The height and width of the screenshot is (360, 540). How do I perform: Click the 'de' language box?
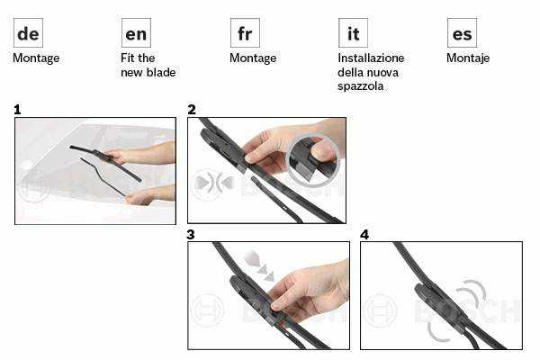tap(28, 33)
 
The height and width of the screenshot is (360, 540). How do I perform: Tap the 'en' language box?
tap(137, 33)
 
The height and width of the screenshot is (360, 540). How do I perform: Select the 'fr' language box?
tap(245, 33)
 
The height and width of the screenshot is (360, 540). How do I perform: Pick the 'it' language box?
tap(354, 33)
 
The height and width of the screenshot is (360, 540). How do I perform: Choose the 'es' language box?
tap(463, 33)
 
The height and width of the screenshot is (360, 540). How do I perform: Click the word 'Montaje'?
tap(468, 58)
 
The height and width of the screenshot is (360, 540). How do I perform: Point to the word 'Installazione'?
tap(371, 58)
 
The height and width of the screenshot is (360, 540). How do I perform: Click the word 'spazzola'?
tap(361, 86)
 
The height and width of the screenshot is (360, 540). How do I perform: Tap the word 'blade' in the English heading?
tap(161, 72)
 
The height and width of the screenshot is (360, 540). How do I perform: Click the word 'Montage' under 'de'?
tap(36, 58)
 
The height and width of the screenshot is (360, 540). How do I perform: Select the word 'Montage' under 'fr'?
tap(253, 58)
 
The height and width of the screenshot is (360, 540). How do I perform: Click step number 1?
tap(18, 110)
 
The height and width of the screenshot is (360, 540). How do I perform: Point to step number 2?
tap(192, 110)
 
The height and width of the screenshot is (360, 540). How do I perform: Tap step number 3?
tap(191, 235)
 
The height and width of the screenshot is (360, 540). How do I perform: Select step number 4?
tap(364, 235)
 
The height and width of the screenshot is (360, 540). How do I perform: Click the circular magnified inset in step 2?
tap(312, 158)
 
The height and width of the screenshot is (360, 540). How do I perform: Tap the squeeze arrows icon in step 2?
tap(214, 183)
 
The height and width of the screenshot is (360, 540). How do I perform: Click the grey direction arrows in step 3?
tap(259, 265)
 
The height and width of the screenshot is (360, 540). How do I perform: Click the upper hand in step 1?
tap(141, 153)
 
